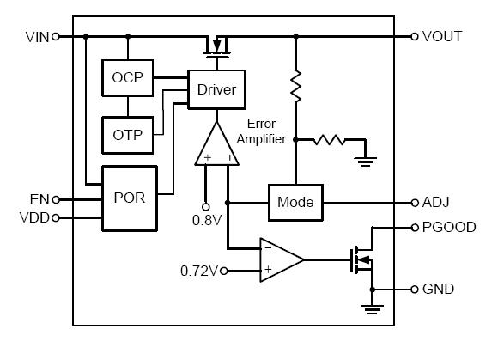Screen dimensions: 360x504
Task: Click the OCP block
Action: (127, 79)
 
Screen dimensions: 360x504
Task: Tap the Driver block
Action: (216, 89)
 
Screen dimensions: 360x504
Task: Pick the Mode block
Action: (295, 203)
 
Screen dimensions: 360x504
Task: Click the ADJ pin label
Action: (437, 203)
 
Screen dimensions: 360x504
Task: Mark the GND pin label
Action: (439, 290)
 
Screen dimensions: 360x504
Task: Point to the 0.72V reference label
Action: (200, 271)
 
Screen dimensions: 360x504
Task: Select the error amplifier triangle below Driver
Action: (216, 144)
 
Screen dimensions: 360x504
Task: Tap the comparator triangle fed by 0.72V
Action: (279, 259)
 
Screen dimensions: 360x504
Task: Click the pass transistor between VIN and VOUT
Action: (216, 46)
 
